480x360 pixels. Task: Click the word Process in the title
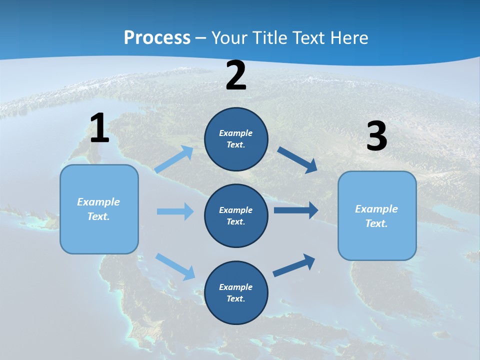pyautogui.click(x=157, y=37)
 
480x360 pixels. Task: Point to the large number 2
pyautogui.click(x=236, y=76)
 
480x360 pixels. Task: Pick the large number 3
pyautogui.click(x=376, y=136)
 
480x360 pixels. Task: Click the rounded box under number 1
pyautogui.click(x=99, y=209)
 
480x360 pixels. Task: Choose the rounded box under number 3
pyautogui.click(x=377, y=215)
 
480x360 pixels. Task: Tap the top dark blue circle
pyautogui.click(x=236, y=139)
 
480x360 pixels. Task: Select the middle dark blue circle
pyautogui.click(x=236, y=215)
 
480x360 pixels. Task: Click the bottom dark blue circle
pyautogui.click(x=236, y=292)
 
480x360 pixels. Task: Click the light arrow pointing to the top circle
pyautogui.click(x=174, y=159)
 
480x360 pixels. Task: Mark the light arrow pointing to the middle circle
pyautogui.click(x=175, y=211)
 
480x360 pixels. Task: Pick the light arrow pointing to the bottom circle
pyautogui.click(x=175, y=266)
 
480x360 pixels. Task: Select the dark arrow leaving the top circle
pyautogui.click(x=297, y=159)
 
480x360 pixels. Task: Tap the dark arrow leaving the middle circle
pyautogui.click(x=295, y=210)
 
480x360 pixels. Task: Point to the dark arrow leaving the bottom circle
pyautogui.click(x=294, y=265)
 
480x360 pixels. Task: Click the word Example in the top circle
pyautogui.click(x=236, y=133)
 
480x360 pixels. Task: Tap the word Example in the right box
pyautogui.click(x=376, y=209)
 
